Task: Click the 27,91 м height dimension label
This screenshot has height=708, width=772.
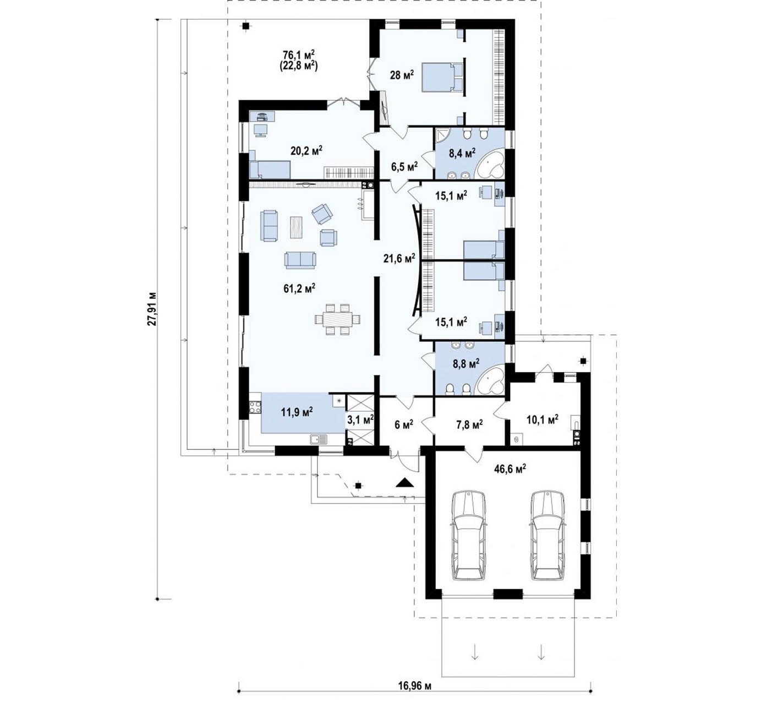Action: tap(152, 309)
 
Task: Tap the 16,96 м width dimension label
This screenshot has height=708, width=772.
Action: tap(414, 685)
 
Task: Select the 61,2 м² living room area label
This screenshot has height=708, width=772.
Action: tap(299, 288)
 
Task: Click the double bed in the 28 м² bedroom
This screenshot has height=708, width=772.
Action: tap(442, 78)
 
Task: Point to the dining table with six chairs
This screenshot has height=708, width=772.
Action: tap(337, 319)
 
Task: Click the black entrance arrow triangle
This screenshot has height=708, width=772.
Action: tap(405, 482)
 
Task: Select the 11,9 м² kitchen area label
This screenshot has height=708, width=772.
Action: tap(297, 412)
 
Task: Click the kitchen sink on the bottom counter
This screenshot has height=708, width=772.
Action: tap(318, 439)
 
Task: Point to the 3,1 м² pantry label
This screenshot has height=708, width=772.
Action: tap(360, 420)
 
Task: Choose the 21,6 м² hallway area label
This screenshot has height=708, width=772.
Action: tap(399, 258)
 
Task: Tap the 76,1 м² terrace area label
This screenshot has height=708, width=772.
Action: tap(299, 55)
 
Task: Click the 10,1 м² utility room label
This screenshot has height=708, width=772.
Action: tap(542, 419)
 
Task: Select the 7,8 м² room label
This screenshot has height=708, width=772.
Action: tap(469, 424)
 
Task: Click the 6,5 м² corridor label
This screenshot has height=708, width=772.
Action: tap(404, 166)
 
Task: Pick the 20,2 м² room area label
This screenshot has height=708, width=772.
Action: tap(306, 150)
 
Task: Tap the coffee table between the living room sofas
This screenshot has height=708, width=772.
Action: tap(296, 227)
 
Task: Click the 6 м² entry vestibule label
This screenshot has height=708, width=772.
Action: tap(404, 424)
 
